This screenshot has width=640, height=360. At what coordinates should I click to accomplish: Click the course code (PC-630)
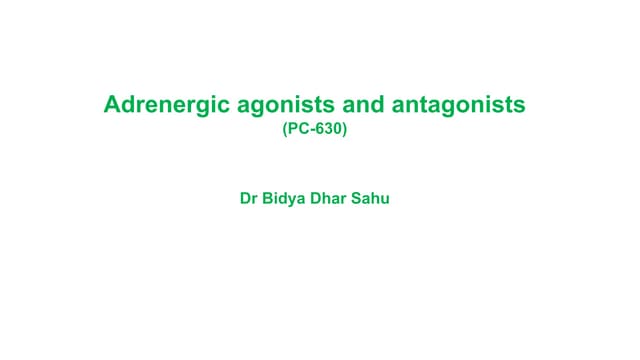[x=315, y=129]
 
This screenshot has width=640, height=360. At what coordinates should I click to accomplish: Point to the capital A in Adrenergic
[x=112, y=104]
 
